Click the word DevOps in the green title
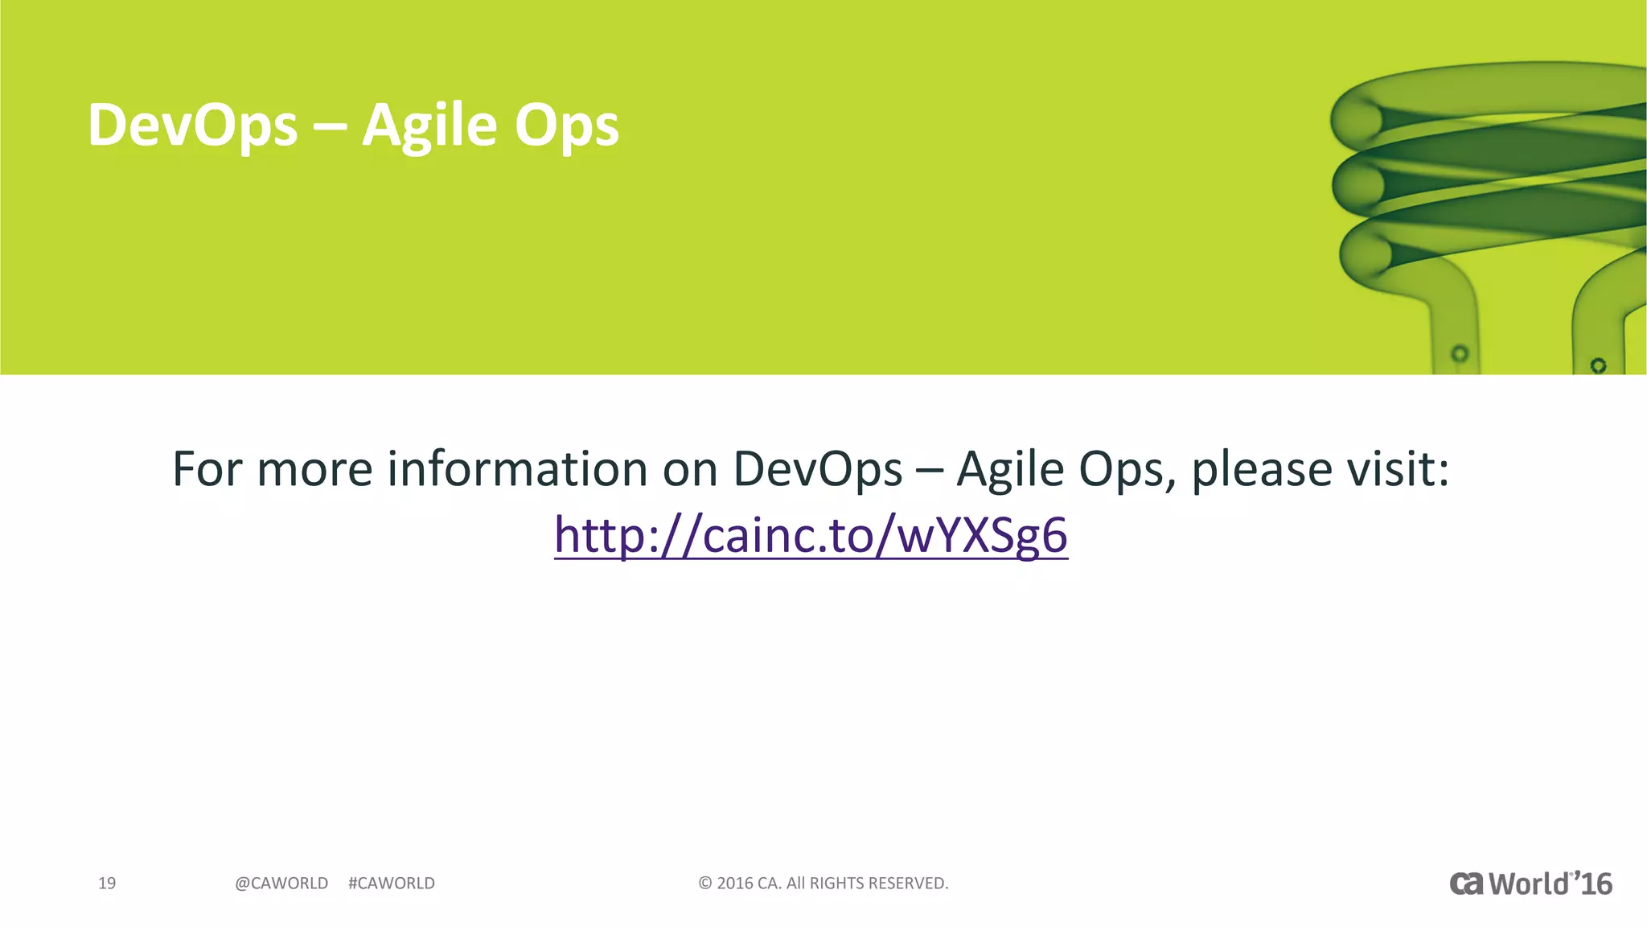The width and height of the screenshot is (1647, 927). (x=192, y=126)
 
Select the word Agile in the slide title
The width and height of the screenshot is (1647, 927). (x=429, y=126)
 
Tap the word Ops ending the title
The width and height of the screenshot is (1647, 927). (x=567, y=127)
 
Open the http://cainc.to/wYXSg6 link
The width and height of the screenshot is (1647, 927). (x=811, y=534)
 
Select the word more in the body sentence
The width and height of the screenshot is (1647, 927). (x=314, y=470)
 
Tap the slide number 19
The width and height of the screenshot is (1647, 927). (x=107, y=884)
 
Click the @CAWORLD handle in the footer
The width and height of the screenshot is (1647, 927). (x=281, y=884)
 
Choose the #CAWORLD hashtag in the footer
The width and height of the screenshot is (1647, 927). (x=392, y=884)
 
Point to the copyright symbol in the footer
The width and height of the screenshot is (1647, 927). (x=705, y=884)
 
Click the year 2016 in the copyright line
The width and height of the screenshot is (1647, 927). (x=734, y=884)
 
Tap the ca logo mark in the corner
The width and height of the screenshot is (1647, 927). (x=1467, y=884)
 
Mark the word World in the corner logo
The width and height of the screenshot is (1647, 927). (x=1529, y=884)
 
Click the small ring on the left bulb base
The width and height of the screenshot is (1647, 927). (x=1460, y=353)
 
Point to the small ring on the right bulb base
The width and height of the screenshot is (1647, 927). (x=1599, y=365)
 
